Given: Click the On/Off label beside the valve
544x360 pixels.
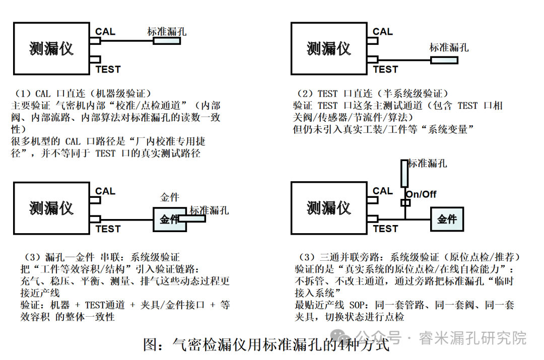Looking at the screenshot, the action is (421, 194).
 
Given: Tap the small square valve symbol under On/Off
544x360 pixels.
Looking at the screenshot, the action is (405, 202).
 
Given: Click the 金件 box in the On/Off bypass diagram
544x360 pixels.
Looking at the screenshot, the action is (447, 219).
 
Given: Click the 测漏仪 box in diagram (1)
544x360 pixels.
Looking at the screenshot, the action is (52, 48).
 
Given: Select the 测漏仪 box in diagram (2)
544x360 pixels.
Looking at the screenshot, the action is (329, 48).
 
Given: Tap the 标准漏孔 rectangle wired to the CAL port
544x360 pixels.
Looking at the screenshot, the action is (167, 40).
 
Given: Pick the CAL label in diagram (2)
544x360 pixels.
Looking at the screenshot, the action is (383, 31).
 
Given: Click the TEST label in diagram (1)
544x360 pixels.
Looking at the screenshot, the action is (108, 69).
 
